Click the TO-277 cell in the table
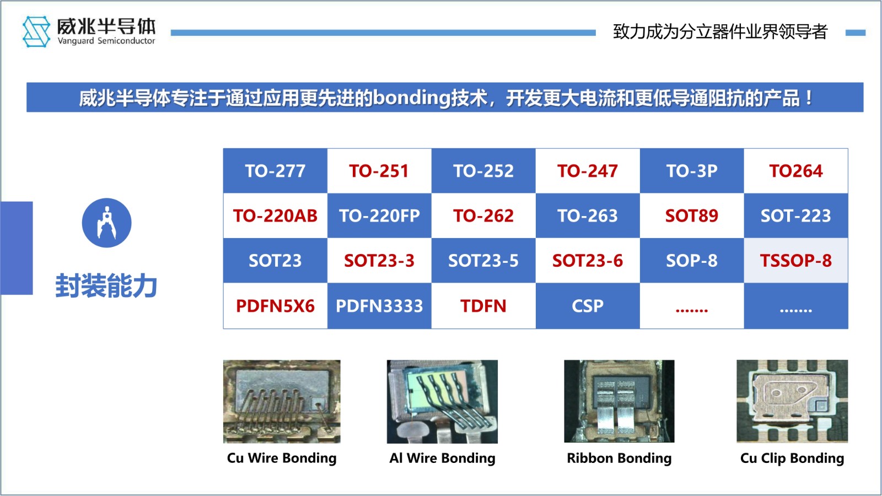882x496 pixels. tap(275, 171)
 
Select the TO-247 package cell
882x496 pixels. tap(588, 171)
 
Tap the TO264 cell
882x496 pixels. tap(796, 171)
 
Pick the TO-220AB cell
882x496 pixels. tap(275, 215)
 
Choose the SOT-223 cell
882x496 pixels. tap(796, 215)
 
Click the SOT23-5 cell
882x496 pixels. tap(483, 261)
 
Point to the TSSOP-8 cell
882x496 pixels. tap(796, 261)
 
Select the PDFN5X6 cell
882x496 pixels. tap(275, 306)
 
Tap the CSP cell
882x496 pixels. tap(588, 306)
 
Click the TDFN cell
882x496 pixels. tap(483, 306)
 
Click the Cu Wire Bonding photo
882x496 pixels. tap(282, 402)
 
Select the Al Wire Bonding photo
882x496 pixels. tap(442, 402)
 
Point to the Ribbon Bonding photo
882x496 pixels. tap(620, 401)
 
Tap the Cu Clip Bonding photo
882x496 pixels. tap(792, 401)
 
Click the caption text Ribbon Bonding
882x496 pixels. tap(620, 458)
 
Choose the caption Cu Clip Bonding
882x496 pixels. tap(792, 458)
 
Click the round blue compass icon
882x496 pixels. tap(107, 223)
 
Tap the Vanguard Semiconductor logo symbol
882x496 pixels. tap(36, 31)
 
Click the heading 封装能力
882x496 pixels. tap(106, 285)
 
